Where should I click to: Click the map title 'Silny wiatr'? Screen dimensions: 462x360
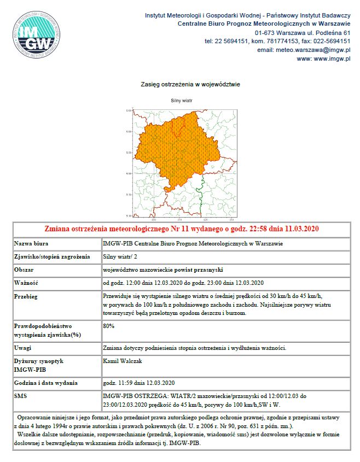coord(181,101)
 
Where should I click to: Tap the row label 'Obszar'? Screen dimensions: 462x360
coord(24,270)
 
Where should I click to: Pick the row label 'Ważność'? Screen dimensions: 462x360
coord(27,283)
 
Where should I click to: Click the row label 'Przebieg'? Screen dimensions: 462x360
coord(27,296)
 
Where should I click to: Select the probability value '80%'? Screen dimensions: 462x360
coord(108,326)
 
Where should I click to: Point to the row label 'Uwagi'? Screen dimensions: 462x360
coord(23,348)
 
